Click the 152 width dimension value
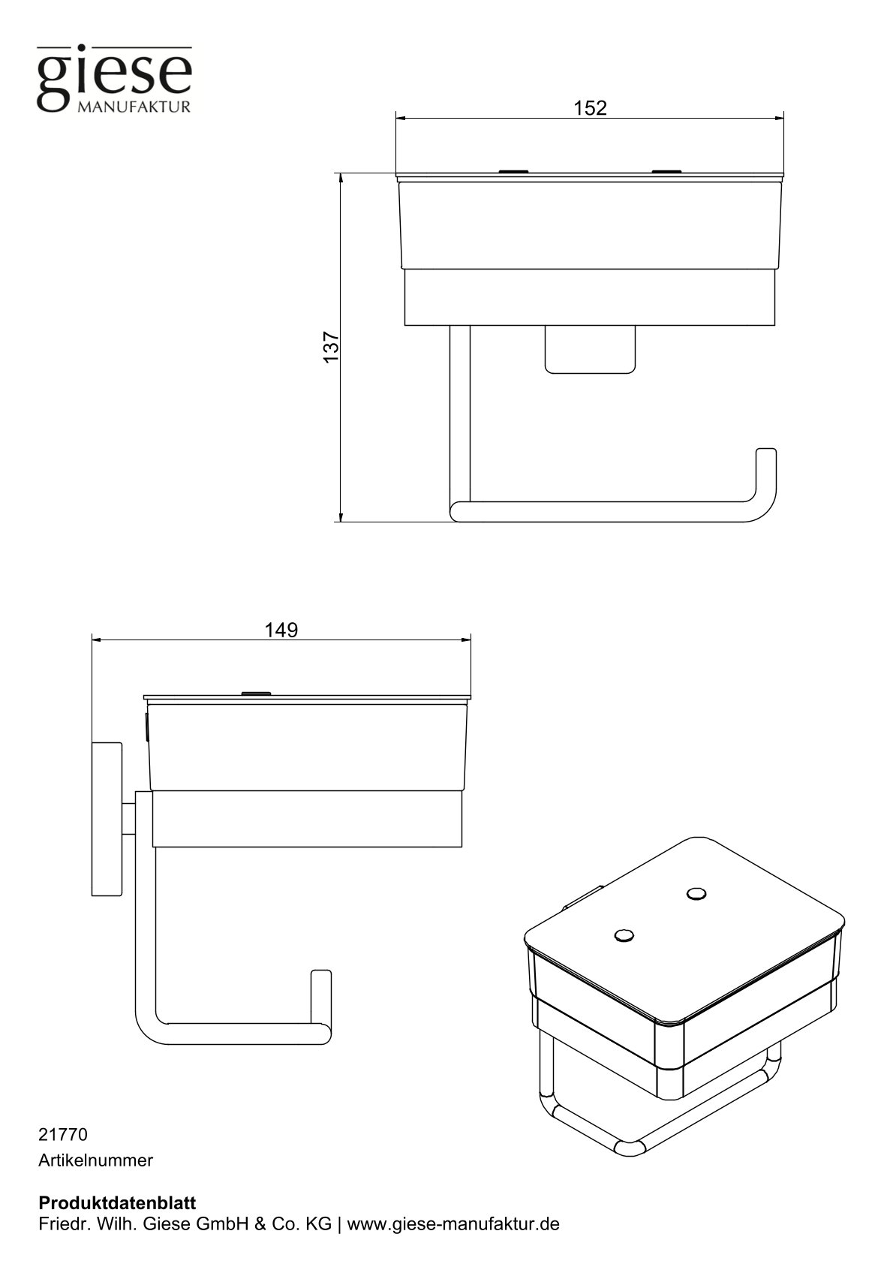590,108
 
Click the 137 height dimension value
332,347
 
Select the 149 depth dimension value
281,630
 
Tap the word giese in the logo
115,76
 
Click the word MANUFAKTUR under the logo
134,107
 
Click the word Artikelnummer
95,1160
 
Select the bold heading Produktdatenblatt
117,1202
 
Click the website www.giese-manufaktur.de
453,1223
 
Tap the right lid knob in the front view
666,172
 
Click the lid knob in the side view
255,693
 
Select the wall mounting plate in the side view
107,819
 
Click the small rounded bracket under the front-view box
590,350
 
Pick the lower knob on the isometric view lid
624,935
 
